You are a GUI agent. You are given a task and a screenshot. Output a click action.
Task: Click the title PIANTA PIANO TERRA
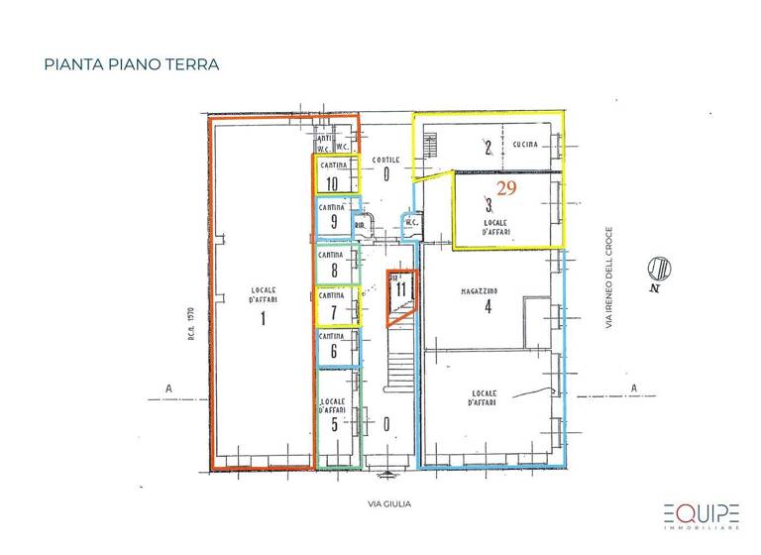coord(131,64)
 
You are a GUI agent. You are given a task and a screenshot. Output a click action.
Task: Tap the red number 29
coord(506,186)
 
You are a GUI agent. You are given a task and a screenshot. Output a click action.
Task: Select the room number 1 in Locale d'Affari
coord(263,318)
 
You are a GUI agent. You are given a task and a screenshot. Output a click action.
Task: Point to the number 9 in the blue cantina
coord(334,222)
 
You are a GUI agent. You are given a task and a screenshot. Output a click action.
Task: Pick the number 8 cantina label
coord(334,270)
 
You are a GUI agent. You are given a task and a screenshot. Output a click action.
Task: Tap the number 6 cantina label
coord(334,350)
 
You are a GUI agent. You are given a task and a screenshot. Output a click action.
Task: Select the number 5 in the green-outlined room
coord(334,425)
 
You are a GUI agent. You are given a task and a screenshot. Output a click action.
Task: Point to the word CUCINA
coord(525,145)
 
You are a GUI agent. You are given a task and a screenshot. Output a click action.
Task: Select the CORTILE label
coord(385,160)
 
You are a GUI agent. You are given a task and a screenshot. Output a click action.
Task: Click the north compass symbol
coord(658,268)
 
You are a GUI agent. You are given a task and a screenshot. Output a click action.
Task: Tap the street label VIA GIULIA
coord(386,503)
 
